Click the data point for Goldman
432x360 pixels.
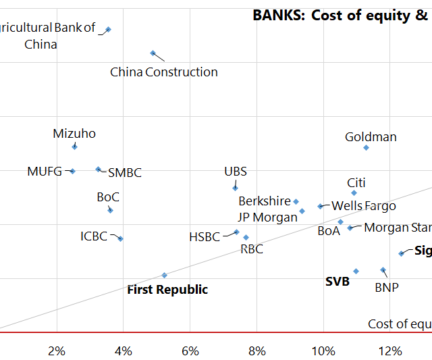[x=366, y=147]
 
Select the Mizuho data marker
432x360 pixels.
[x=74, y=147]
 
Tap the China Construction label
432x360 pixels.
[x=164, y=72]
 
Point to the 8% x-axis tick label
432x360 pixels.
[x=256, y=351]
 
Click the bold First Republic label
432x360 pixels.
[x=167, y=290]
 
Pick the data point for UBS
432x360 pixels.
[x=235, y=188]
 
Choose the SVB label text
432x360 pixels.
[x=337, y=282]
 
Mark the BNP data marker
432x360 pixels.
[x=383, y=269]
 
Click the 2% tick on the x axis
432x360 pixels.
[x=57, y=351]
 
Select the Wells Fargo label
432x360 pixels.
[x=364, y=206]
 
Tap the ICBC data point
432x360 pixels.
[x=120, y=238]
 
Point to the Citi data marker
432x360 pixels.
[x=354, y=193]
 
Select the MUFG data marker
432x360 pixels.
[x=72, y=171]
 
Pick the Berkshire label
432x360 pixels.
[x=265, y=201]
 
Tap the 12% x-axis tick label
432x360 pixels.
[x=389, y=351]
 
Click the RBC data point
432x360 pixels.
[x=246, y=237]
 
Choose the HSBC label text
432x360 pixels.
[x=205, y=237]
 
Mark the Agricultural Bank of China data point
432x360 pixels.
[x=108, y=29]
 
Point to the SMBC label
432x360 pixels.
[x=125, y=173]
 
